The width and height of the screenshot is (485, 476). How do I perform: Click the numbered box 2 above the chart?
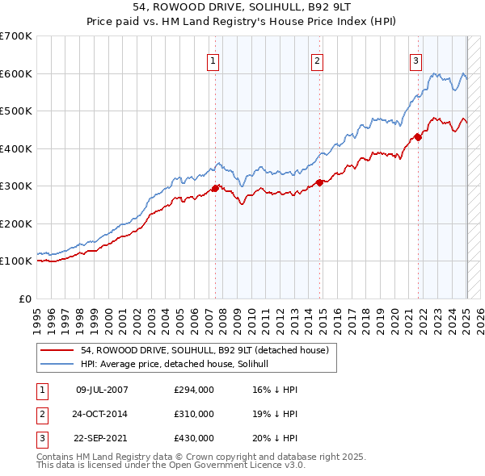click(318, 61)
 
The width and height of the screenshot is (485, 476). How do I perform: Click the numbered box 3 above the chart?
click(415, 61)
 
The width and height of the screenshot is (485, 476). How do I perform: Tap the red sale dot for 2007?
click(215, 188)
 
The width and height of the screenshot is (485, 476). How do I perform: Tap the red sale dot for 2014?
click(320, 182)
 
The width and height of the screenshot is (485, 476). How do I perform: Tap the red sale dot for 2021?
click(419, 137)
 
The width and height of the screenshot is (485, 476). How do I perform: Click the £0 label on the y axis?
click(26, 299)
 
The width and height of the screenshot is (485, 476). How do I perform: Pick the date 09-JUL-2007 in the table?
click(102, 390)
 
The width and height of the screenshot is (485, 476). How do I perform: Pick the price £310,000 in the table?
click(194, 414)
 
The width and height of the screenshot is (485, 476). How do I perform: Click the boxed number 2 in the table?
click(40, 414)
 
